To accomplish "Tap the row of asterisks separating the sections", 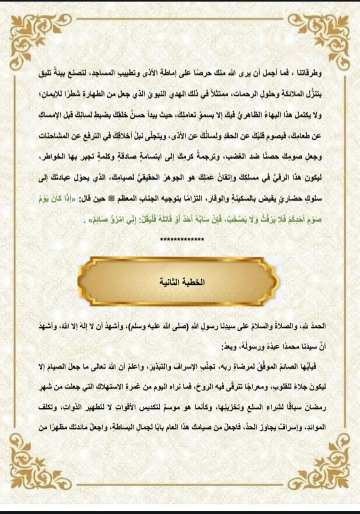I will click(182, 240).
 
